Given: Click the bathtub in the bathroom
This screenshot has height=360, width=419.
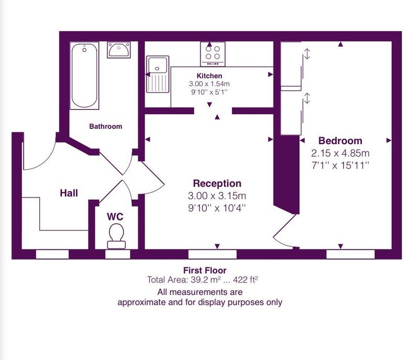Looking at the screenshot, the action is point(84,75).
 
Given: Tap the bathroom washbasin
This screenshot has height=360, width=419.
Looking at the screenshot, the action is point(119,50).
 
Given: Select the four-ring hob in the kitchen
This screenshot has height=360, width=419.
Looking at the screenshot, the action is point(213,54).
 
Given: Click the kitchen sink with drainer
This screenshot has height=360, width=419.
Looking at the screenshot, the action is point(158,74).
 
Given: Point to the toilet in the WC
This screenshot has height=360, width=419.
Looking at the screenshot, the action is point(116,236).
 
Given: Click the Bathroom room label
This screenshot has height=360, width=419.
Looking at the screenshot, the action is point(106,126).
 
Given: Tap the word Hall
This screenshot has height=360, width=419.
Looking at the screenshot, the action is point(69,193).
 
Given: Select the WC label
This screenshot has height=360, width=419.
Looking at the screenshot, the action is point(115,216).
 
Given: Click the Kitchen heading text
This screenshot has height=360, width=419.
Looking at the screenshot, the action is point(209,76).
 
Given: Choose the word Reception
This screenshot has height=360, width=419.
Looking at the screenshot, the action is point(217,183).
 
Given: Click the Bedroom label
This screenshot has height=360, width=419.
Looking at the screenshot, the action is point(340,140).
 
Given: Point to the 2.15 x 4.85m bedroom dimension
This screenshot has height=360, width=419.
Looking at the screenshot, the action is point(340,153).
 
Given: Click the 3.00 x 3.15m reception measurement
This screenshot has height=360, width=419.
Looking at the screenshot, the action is point(217,195).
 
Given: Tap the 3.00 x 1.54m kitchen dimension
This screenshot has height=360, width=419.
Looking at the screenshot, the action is point(209,84).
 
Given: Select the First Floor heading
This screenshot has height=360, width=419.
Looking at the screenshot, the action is point(205,270).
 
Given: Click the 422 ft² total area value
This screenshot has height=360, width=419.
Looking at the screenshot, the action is point(246,280).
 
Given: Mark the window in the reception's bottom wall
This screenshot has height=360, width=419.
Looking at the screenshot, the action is point(213,255).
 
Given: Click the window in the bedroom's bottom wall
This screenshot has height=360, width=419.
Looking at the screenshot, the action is point(350,255).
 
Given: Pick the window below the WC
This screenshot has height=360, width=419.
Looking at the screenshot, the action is point(118,255).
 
